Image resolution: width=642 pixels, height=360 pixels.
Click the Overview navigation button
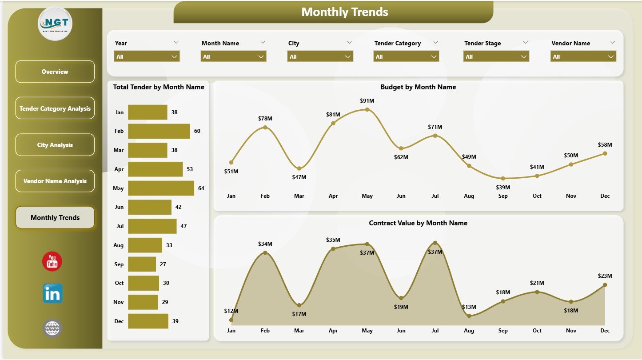(55, 72)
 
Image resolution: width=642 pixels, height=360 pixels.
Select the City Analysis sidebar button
(55, 145)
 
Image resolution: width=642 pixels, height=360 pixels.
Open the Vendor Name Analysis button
(55, 181)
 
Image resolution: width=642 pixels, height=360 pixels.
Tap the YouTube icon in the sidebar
(52, 261)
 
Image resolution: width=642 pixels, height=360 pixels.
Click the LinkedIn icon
(52, 293)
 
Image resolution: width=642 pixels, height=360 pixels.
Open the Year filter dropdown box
(147, 56)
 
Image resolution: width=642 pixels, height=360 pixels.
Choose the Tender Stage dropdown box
(496, 56)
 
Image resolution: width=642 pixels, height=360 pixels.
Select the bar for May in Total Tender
(161, 188)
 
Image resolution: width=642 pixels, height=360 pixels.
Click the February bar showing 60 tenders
(159, 131)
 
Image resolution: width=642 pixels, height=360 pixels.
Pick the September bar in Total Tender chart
(142, 264)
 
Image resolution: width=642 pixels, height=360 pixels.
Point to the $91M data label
(367, 100)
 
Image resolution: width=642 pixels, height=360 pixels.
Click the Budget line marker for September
(503, 178)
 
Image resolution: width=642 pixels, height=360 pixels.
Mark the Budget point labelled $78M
(265, 128)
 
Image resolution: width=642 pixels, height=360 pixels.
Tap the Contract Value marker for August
(469, 316)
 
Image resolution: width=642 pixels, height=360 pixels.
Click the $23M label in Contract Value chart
(605, 276)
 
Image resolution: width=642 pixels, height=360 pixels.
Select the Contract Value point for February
(265, 252)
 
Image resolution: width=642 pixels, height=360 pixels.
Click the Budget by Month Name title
(418, 87)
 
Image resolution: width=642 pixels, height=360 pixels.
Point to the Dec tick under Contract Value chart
(605, 331)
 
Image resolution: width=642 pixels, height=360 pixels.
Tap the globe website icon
(52, 328)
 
